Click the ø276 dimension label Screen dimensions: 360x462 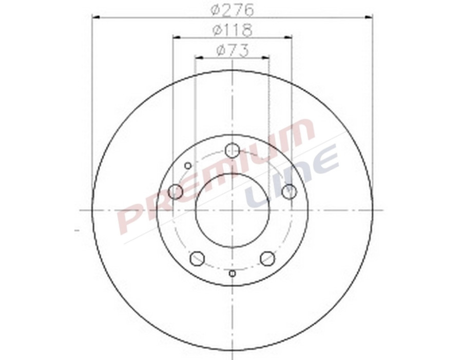point(232,9)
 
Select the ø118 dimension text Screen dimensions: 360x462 point(232,30)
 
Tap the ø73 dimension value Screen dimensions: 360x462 point(232,50)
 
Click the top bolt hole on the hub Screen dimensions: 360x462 point(233,150)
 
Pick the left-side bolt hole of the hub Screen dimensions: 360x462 point(176,192)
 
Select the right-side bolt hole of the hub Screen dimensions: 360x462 point(290,192)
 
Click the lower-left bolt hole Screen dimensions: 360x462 point(197,258)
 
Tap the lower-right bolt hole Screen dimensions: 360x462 point(267,258)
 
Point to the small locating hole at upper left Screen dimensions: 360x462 point(188,165)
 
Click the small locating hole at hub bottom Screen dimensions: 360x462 point(233,273)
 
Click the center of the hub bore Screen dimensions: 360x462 point(233,210)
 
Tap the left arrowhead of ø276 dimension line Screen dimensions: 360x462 point(95,17)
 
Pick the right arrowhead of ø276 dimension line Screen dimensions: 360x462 point(370,17)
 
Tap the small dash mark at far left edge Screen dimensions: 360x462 point(77,230)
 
